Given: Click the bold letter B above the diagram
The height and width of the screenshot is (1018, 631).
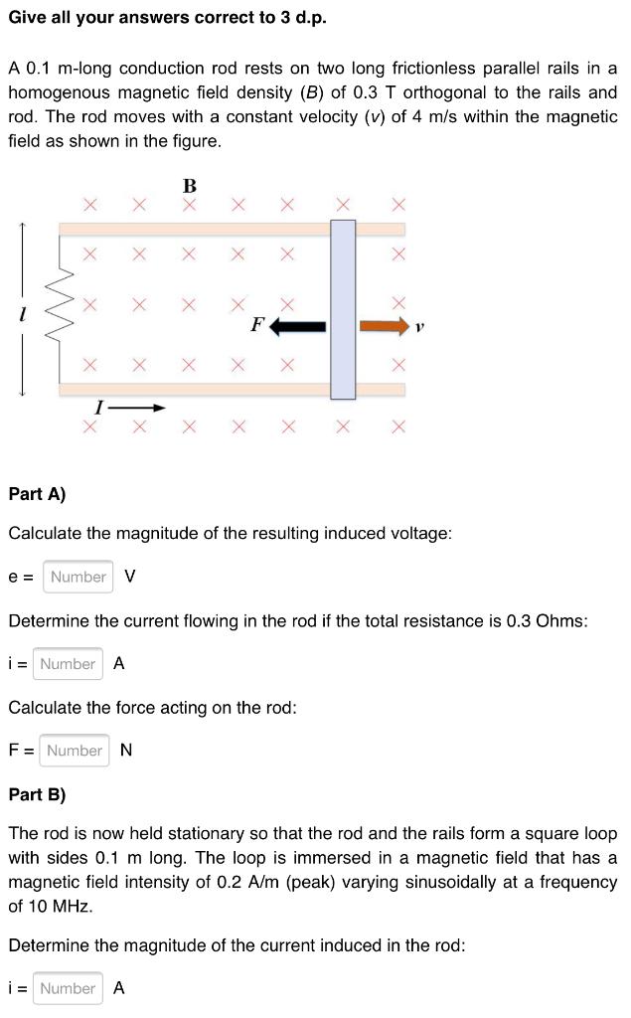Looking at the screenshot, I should click(190, 186).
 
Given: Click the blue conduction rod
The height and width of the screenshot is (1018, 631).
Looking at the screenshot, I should click(343, 309).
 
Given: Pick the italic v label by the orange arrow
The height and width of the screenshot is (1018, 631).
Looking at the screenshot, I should click(420, 325).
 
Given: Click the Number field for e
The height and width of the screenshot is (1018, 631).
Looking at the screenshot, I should click(78, 577).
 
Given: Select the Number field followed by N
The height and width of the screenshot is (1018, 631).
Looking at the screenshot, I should click(75, 751).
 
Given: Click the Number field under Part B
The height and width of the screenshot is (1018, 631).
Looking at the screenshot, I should click(68, 988).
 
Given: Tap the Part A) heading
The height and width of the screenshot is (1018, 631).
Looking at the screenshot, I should click(37, 493).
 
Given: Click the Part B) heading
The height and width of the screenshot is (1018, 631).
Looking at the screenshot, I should click(37, 794).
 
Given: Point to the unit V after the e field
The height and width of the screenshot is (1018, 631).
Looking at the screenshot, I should click(130, 577).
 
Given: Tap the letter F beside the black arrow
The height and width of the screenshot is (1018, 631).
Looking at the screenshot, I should click(256, 324).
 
